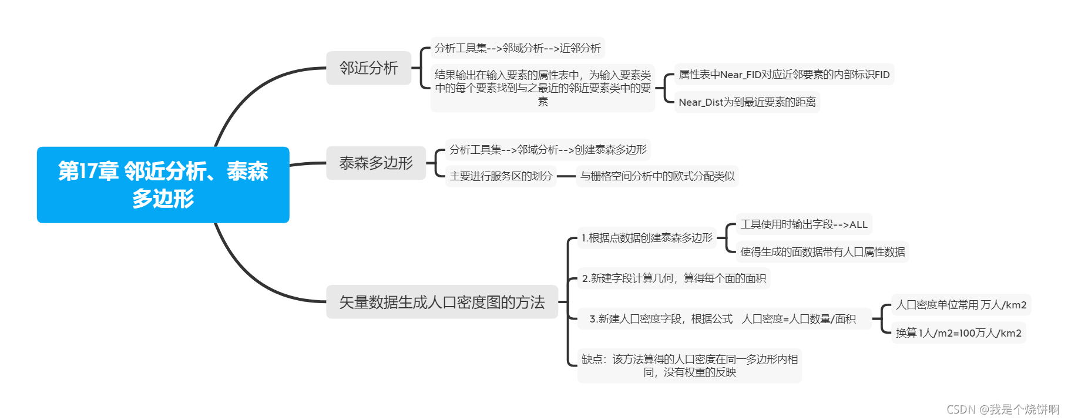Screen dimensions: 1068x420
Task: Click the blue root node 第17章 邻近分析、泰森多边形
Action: tap(163, 184)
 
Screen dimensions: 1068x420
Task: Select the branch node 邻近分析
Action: tap(368, 68)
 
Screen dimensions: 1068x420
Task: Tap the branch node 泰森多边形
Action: tap(376, 163)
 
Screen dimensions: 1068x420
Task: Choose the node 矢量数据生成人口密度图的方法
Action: tap(442, 302)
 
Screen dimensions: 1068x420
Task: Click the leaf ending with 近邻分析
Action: tap(518, 48)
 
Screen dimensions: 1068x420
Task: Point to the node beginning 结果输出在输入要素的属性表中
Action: tap(543, 88)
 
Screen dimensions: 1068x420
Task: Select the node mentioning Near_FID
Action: tap(784, 75)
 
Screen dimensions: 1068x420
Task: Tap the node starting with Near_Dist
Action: tap(747, 102)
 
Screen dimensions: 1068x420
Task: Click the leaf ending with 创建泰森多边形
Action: tap(548, 150)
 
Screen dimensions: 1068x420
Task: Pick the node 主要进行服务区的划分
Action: tap(501, 176)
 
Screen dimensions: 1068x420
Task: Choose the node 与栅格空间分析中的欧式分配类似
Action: tap(657, 176)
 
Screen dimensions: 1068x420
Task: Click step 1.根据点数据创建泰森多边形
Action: tap(647, 238)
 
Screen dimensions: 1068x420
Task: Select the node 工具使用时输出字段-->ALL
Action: tap(804, 224)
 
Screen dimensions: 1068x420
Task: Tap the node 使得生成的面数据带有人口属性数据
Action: tap(822, 252)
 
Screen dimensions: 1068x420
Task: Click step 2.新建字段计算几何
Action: tap(674, 278)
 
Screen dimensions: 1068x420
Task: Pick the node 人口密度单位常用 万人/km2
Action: tap(961, 305)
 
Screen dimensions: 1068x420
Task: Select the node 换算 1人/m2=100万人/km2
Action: tap(958, 333)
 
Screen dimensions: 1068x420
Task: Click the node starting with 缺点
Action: tap(690, 365)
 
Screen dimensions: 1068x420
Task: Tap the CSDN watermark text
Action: tap(1003, 409)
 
